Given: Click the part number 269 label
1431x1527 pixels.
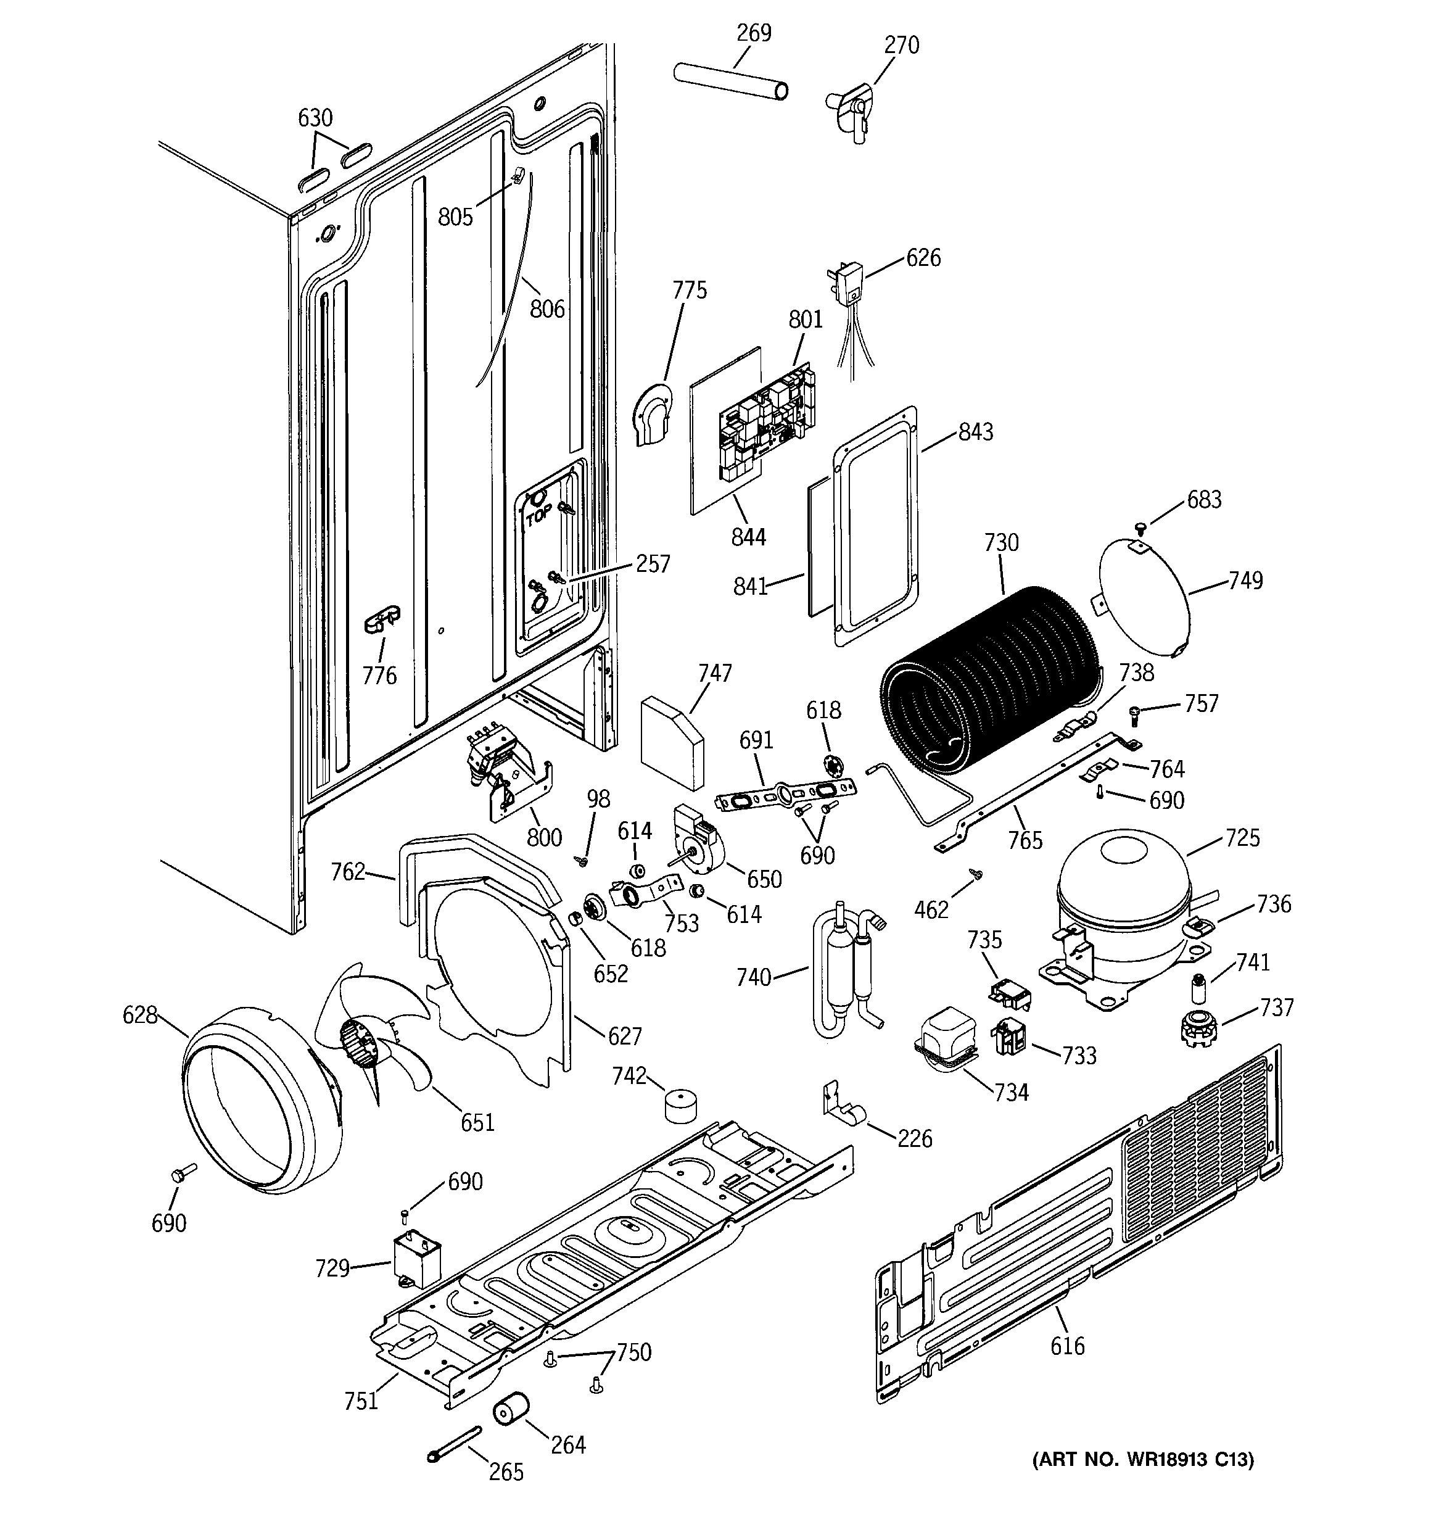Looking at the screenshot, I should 754,33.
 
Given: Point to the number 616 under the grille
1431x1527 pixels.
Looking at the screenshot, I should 1067,1346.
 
